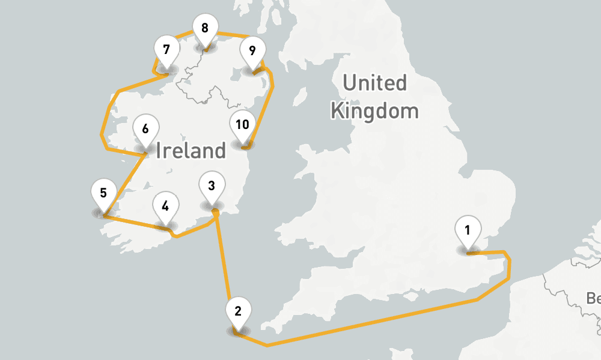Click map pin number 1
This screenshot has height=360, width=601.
(468, 229)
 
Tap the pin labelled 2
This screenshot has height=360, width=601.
(238, 311)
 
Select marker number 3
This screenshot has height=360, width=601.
(211, 185)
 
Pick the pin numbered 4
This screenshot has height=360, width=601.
(165, 205)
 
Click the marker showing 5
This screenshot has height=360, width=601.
(103, 193)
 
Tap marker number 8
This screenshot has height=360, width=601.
(205, 28)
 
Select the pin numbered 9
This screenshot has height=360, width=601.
(252, 50)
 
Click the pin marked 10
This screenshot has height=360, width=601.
(242, 125)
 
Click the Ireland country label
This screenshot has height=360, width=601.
(191, 150)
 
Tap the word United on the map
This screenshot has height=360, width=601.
(374, 83)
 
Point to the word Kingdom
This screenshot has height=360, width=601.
(374, 111)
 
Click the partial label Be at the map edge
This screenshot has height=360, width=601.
(593, 298)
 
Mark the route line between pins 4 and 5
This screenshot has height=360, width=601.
(135, 221)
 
